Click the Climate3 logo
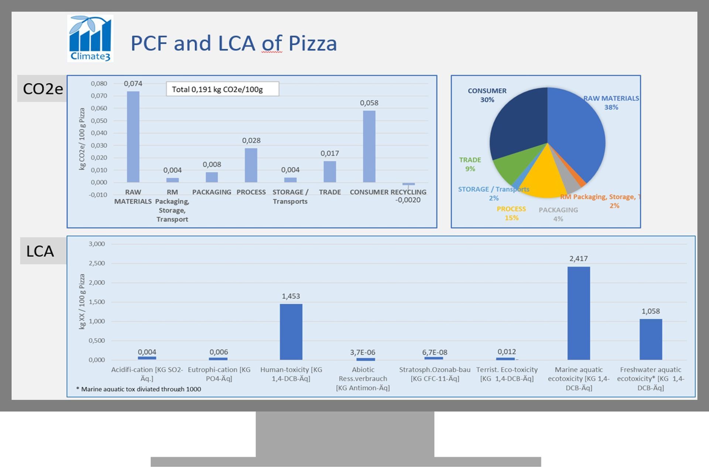pos(90,38)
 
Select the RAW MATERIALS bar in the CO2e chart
pos(133,137)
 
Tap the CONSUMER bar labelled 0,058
pos(369,146)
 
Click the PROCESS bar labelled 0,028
pos(251,165)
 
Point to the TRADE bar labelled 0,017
pos(330,171)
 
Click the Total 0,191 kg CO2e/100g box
pos(222,89)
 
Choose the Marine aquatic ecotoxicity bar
pos(578,313)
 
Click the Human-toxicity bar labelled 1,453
pos(291,331)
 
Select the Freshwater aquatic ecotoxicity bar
pos(651,339)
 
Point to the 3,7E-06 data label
pos(363,352)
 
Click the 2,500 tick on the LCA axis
pos(97,263)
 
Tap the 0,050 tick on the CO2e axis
pos(99,121)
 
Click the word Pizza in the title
pos(312,43)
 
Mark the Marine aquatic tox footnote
pos(138,389)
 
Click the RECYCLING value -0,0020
pos(408,200)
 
